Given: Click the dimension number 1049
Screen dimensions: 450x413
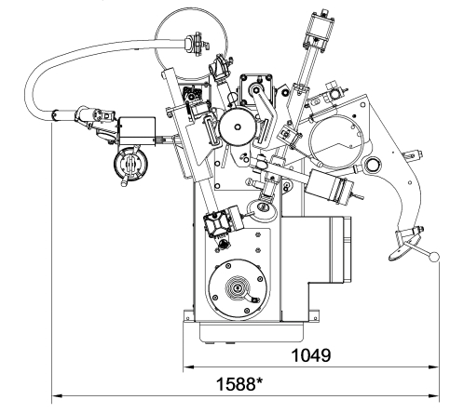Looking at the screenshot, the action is point(311,355).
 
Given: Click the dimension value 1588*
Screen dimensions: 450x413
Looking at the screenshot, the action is point(239,384).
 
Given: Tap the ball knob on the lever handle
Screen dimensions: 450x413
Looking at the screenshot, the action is point(434,257).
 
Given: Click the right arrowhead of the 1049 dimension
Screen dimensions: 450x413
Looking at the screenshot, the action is point(433,367).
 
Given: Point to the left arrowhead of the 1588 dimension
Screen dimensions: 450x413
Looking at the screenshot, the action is point(57,396).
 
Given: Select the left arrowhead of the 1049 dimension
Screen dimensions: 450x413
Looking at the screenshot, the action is point(189,367).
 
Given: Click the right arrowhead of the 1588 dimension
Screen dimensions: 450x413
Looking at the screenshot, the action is point(433,396).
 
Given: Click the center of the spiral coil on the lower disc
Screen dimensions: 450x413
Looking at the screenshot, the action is point(238,288).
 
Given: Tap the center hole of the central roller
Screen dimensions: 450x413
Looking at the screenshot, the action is point(238,127).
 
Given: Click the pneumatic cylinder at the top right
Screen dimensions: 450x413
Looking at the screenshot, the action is point(320,30).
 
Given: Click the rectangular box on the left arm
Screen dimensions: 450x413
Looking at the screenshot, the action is point(137,131).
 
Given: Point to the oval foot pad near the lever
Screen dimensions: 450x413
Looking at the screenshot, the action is point(403,250).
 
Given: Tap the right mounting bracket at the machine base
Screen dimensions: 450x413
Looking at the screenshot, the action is point(314,315).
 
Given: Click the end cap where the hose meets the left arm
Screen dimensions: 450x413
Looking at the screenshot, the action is point(55,115).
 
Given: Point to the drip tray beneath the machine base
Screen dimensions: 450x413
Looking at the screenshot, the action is point(251,332).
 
